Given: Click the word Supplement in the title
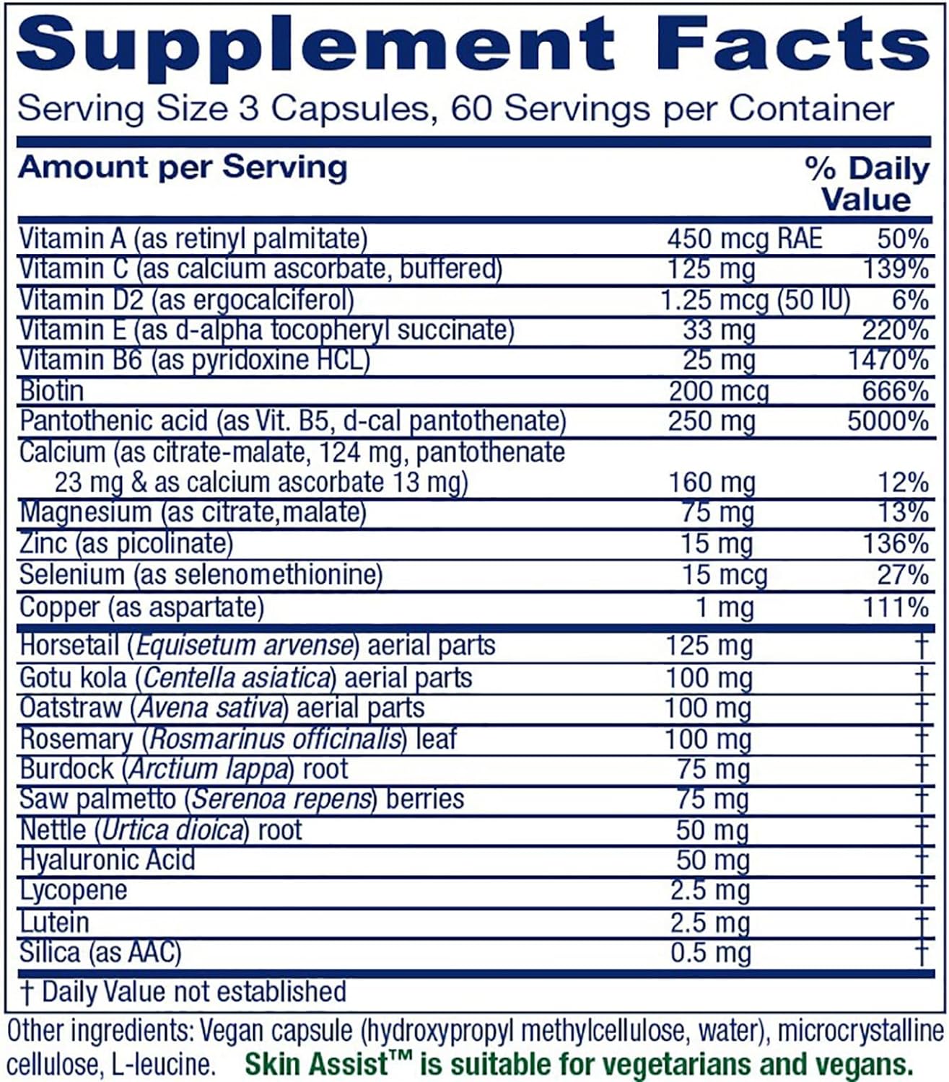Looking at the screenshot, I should (x=315, y=45).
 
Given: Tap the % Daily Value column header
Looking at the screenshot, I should (x=867, y=184).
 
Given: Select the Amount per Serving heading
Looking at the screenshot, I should (x=183, y=167).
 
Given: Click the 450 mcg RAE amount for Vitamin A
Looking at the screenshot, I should (x=744, y=239).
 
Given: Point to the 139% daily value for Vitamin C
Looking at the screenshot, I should (x=896, y=269).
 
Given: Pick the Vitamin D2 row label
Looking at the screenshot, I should (x=186, y=299).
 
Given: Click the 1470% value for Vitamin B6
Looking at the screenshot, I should (x=888, y=360).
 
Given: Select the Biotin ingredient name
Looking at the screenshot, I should (x=52, y=391).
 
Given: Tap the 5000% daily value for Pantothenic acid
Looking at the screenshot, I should (x=888, y=421).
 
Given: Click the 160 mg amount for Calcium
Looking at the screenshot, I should (x=712, y=482).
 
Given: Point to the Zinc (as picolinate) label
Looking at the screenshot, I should (x=126, y=543).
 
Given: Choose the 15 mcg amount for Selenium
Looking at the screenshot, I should (x=724, y=575).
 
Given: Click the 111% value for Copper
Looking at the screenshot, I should (x=896, y=607).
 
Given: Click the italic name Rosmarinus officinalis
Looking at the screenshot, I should (x=276, y=739).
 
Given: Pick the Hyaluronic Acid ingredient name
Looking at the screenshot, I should (x=108, y=860).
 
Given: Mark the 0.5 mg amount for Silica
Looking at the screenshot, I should (x=710, y=953).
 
